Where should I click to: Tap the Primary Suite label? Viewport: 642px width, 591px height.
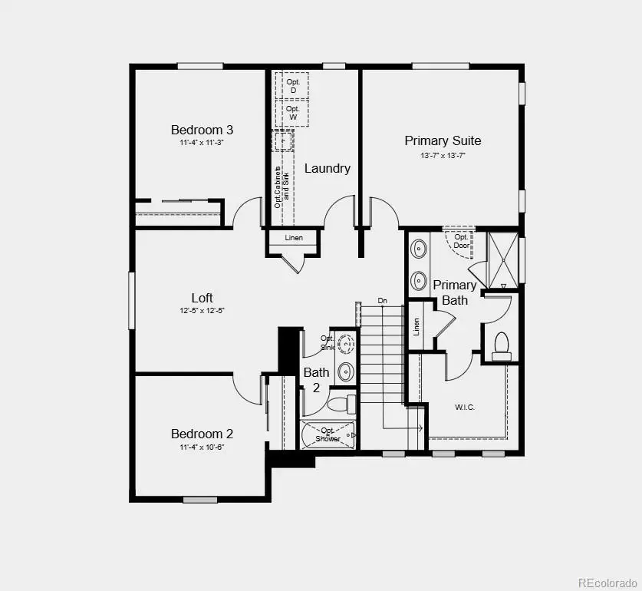click(x=443, y=140)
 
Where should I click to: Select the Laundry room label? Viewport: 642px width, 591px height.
click(x=328, y=168)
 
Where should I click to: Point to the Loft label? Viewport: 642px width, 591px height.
click(x=202, y=298)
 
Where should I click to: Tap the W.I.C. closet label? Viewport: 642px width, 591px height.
click(x=465, y=407)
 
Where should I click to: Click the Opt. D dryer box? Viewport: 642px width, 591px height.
click(x=292, y=85)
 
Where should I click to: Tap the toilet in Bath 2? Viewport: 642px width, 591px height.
click(x=339, y=403)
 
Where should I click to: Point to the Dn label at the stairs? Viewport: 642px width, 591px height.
click(x=382, y=300)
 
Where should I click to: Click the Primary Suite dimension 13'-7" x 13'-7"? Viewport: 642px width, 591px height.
click(x=443, y=155)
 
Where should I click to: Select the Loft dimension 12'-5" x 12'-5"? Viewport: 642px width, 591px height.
click(x=202, y=311)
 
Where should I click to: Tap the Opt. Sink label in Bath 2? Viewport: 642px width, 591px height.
click(x=328, y=342)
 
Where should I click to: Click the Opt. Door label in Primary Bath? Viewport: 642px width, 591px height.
click(x=460, y=241)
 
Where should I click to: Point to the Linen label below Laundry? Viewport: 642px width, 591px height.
click(x=294, y=238)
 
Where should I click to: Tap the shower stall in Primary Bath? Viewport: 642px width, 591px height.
click(x=499, y=257)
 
